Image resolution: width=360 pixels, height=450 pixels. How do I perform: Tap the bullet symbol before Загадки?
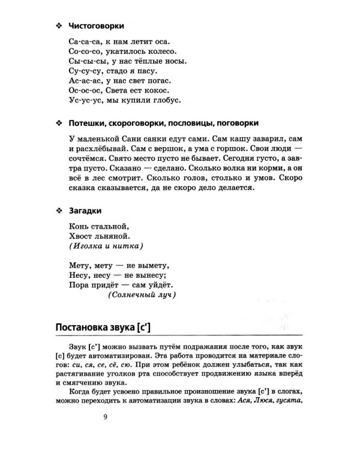coord(58,211)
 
